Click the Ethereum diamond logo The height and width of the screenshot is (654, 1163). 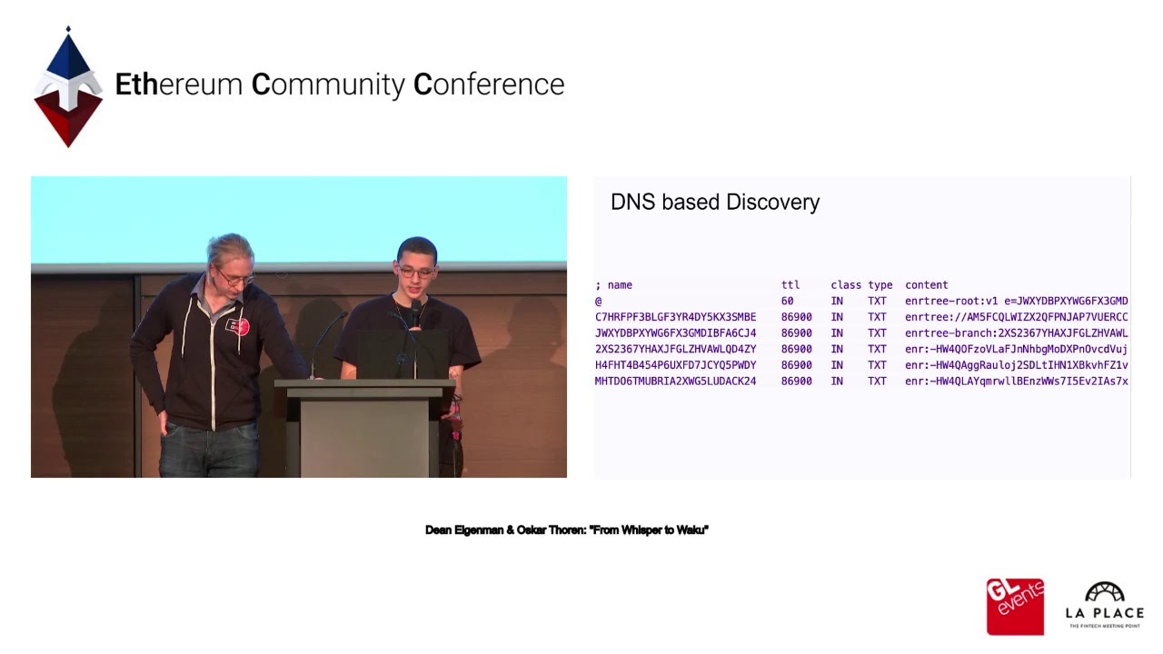[68, 88]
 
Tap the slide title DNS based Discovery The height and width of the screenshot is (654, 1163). [715, 202]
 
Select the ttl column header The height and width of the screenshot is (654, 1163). [790, 285]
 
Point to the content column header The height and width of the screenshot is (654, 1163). [926, 285]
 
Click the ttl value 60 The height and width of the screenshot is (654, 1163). [787, 302]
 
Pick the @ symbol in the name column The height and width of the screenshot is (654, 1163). [599, 302]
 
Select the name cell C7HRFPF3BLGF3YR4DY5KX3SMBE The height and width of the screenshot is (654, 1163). [675, 317]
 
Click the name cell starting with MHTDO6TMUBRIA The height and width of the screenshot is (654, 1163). [675, 381]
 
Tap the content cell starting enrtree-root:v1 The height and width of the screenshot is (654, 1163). [1016, 302]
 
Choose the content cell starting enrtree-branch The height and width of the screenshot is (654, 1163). [1016, 333]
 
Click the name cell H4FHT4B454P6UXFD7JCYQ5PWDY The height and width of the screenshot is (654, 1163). [675, 365]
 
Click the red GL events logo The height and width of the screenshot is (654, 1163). [1015, 606]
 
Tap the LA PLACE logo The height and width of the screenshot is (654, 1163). [1104, 605]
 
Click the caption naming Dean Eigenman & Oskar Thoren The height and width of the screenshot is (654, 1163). [566, 530]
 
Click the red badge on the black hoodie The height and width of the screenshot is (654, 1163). [237, 325]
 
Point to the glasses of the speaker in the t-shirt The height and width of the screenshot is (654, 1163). [415, 272]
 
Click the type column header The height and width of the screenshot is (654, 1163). [880, 285]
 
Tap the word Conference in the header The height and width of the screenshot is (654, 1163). [489, 84]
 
